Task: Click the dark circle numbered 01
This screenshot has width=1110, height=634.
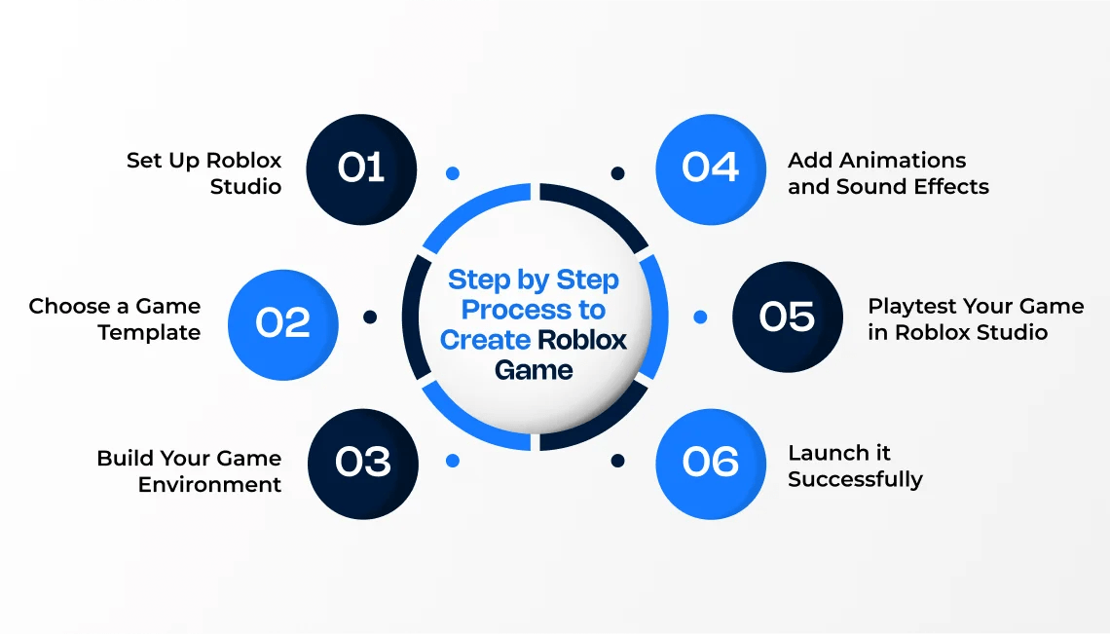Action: [361, 169]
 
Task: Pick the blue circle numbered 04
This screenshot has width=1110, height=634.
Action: [711, 169]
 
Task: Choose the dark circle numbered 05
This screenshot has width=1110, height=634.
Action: [787, 317]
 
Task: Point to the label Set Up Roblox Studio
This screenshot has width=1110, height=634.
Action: [203, 173]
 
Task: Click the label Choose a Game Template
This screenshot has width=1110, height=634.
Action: [114, 319]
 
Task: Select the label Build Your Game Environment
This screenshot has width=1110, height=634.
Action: [189, 471]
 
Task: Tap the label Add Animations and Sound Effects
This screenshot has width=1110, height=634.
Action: [888, 173]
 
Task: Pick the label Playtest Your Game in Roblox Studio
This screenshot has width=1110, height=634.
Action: [976, 319]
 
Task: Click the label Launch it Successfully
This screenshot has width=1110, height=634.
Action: [855, 466]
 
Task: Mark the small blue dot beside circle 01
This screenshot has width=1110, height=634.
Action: [452, 173]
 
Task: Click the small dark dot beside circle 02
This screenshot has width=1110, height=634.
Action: [370, 317]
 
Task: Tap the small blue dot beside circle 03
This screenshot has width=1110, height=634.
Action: [452, 461]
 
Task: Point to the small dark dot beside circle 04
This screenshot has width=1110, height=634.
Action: [617, 173]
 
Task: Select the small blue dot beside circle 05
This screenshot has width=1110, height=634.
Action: [700, 317]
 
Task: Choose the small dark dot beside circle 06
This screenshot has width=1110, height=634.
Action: [617, 461]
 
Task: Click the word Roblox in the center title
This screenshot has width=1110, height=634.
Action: [582, 340]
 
